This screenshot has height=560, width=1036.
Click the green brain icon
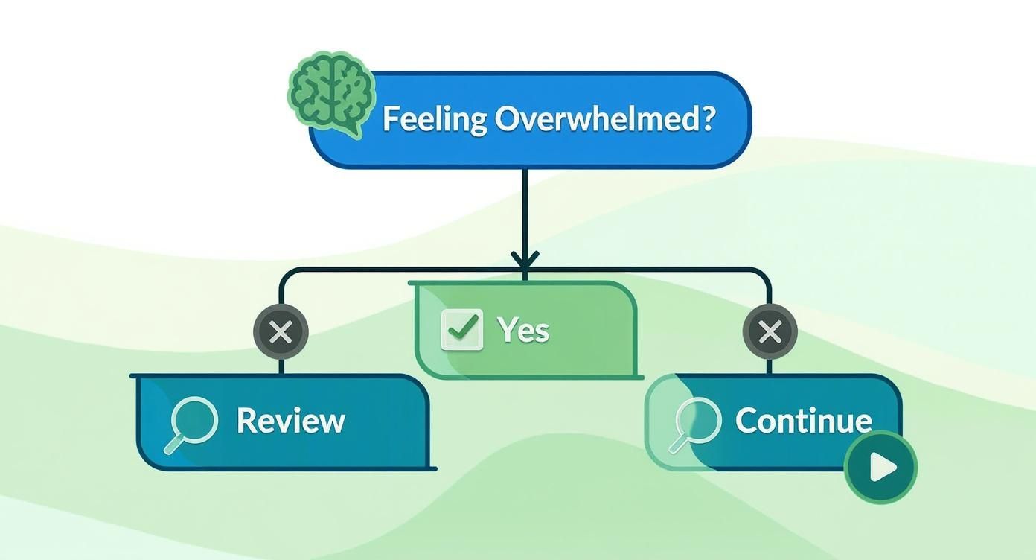point(330,90)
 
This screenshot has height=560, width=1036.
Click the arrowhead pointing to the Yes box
point(525,261)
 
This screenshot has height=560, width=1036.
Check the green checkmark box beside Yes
point(461,329)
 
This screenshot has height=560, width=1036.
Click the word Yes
point(522,330)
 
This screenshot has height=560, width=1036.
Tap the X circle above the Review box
point(281,332)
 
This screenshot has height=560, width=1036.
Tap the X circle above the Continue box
point(770,332)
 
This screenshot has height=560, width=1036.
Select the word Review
point(290,421)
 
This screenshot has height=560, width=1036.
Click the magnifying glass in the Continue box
point(696,422)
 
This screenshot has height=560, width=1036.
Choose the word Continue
point(803,421)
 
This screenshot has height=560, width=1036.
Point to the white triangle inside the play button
point(883,468)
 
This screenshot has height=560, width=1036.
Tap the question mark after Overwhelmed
point(706,119)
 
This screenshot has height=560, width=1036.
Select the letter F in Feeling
point(390,120)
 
